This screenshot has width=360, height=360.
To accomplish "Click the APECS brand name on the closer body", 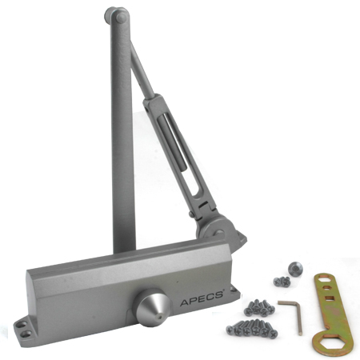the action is pos(202,298).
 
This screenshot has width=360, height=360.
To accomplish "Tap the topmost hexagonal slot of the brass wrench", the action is pos(323,279).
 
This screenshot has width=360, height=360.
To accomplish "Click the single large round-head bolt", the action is pos(295,269).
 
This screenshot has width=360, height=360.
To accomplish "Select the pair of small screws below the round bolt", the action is pos(282,282).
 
